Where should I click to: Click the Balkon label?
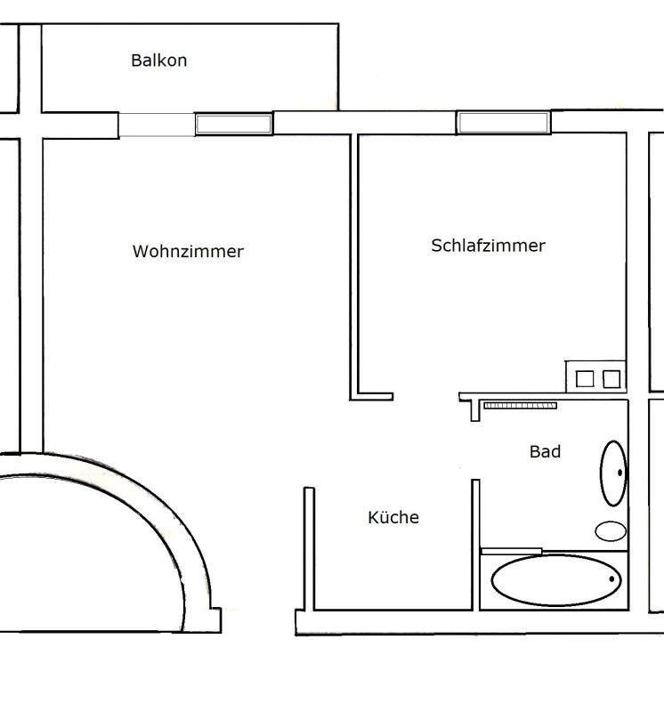(x=158, y=61)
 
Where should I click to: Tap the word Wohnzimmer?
(x=188, y=252)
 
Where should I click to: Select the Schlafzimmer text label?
(x=488, y=246)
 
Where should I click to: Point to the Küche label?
(x=393, y=517)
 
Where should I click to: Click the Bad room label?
(x=545, y=452)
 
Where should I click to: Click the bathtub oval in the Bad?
(x=556, y=580)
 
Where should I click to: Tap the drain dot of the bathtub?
(x=612, y=579)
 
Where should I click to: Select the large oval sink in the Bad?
(x=612, y=472)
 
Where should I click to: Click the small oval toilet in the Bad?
(x=611, y=531)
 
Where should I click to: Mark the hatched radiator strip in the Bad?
(x=520, y=406)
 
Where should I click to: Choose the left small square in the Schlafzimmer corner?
(x=585, y=379)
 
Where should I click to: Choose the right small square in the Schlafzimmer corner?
(x=611, y=379)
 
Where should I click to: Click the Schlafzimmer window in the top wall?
(x=503, y=123)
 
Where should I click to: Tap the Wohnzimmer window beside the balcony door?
(x=234, y=125)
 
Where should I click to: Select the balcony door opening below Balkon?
(x=157, y=125)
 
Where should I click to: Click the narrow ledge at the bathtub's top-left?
(x=511, y=552)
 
